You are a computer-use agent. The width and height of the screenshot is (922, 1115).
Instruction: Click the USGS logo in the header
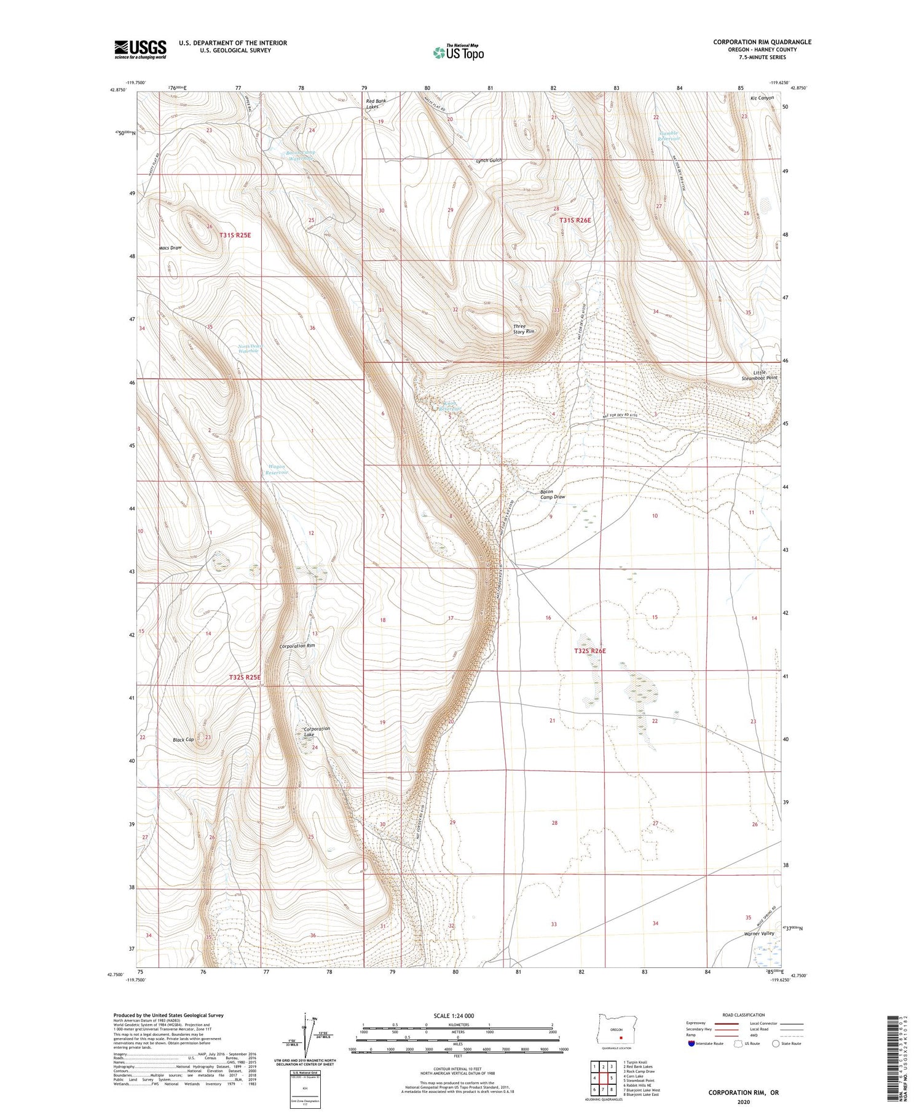click(140, 49)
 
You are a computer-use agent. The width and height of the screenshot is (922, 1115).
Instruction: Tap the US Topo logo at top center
click(458, 53)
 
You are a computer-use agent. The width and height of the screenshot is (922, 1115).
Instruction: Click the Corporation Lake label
click(317, 731)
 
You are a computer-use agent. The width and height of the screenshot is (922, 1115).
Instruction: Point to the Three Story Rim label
click(524, 329)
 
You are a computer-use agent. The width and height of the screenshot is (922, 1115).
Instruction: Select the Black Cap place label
click(183, 740)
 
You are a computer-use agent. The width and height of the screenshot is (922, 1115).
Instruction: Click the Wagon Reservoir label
click(277, 470)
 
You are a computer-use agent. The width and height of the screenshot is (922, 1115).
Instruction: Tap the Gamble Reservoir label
click(669, 136)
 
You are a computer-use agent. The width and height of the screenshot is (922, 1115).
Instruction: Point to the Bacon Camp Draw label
click(552, 494)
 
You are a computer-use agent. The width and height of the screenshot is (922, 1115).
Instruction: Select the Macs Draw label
click(170, 248)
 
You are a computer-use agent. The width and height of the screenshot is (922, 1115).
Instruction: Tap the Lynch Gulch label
click(489, 161)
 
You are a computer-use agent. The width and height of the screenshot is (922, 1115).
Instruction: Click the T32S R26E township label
click(589, 651)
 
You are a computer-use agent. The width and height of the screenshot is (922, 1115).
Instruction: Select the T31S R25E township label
click(235, 235)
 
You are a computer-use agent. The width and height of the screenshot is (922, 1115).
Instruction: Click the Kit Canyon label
click(762, 98)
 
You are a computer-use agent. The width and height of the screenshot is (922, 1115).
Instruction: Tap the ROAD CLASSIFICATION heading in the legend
click(744, 1015)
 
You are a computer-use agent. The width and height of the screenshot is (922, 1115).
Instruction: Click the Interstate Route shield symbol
click(691, 1043)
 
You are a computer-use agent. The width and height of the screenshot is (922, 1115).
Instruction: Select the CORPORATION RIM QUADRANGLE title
click(762, 42)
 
